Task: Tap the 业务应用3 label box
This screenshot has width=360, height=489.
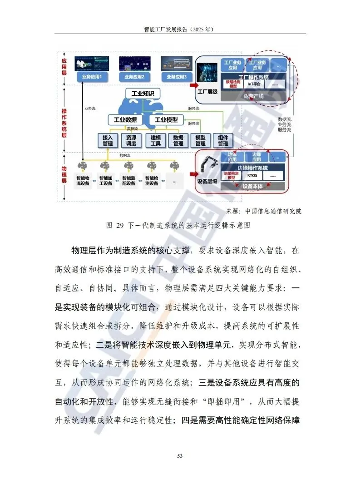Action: [x=177, y=77]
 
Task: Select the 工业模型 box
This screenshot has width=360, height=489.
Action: [x=166, y=120]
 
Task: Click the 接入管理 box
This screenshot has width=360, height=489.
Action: [x=108, y=141]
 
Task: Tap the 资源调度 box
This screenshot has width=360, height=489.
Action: [x=131, y=141]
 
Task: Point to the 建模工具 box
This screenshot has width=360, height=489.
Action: [x=155, y=141]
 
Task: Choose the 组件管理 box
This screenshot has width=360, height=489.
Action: [x=223, y=141]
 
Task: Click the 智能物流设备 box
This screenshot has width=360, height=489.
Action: [x=83, y=181]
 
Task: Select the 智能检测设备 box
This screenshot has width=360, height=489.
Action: [x=151, y=181]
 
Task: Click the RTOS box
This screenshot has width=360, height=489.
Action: [x=253, y=175]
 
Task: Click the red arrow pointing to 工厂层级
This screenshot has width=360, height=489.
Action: [x=194, y=85]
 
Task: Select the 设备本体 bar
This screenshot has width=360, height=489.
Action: [x=253, y=186]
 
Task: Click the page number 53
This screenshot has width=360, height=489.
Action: [x=180, y=456]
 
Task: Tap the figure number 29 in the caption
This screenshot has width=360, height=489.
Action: [x=121, y=225]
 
